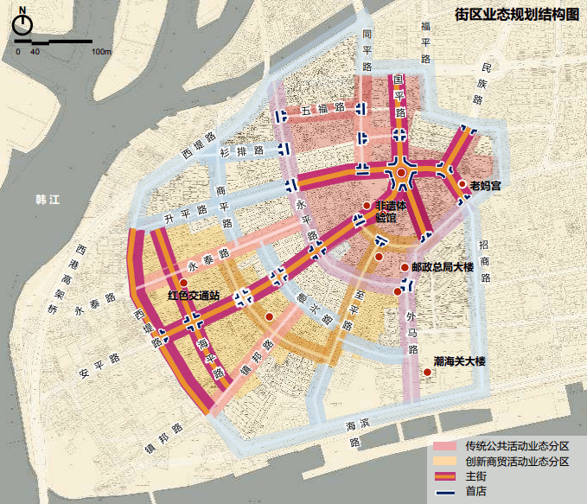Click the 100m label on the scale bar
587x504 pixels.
pyautogui.click(x=100, y=52)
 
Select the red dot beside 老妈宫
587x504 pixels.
pyautogui.click(x=463, y=184)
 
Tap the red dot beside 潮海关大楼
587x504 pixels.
pyautogui.click(x=427, y=373)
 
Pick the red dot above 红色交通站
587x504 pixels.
pyautogui.click(x=183, y=283)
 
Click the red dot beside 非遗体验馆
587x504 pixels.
pyautogui.click(x=367, y=206)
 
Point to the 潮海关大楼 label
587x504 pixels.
pyautogui.click(x=461, y=360)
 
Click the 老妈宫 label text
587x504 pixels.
pyautogui.click(x=486, y=185)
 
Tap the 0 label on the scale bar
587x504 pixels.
pyautogui.click(x=18, y=52)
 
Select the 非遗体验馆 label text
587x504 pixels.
pyautogui.click(x=392, y=212)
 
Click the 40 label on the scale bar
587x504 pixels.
pyautogui.click(x=35, y=52)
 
